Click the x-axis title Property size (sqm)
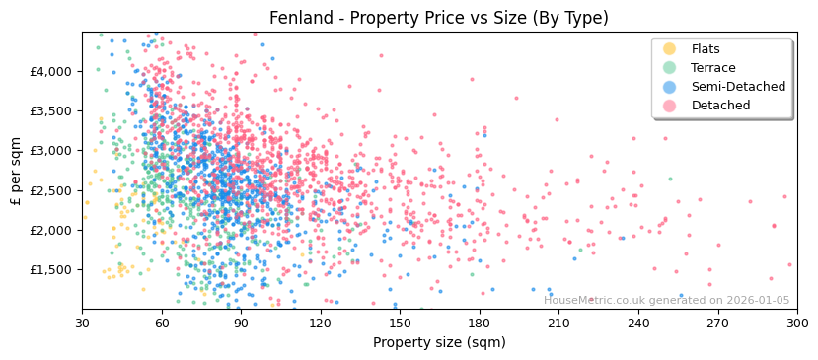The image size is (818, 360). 439,343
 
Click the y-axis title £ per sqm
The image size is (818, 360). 17,170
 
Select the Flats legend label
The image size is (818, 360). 706,49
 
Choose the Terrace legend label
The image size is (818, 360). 712,68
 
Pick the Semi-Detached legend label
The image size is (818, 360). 738,87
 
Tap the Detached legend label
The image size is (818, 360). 720,106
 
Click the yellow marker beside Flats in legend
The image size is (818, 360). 670,49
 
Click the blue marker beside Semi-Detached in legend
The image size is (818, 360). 670,87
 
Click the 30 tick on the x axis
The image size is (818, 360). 83,323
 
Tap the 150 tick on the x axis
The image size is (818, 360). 400,323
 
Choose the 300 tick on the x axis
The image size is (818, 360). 797,323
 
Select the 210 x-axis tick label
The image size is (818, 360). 558,323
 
